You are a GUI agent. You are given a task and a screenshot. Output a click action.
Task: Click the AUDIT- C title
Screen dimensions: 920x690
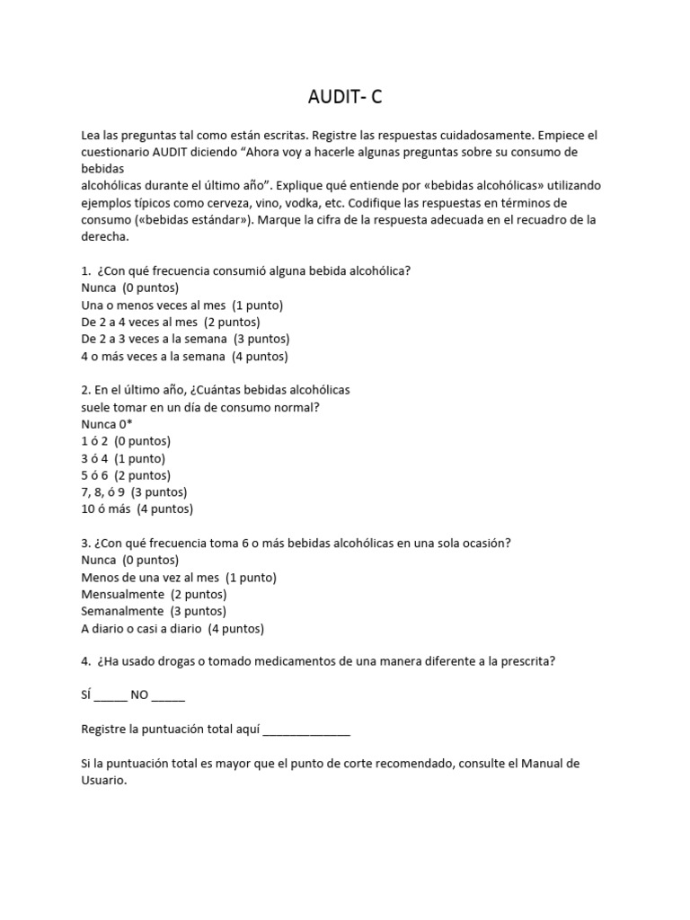[x=344, y=96]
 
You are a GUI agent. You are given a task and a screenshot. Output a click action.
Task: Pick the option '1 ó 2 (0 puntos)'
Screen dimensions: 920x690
[x=126, y=441]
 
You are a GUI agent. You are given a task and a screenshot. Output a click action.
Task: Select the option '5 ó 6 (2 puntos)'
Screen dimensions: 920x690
[x=126, y=475]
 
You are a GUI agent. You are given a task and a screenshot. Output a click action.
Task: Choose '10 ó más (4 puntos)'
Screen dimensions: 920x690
[x=137, y=509]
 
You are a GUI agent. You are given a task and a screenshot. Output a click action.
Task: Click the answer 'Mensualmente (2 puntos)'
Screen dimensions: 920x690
[x=154, y=595]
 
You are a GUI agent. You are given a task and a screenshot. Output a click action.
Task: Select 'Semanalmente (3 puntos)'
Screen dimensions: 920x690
[x=153, y=612]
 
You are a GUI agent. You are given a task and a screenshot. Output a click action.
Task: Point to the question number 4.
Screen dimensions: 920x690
[x=85, y=661]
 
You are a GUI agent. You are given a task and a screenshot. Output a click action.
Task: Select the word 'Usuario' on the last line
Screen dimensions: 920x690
[x=103, y=782]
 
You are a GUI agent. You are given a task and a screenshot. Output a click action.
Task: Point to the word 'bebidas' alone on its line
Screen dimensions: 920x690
[x=102, y=169]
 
